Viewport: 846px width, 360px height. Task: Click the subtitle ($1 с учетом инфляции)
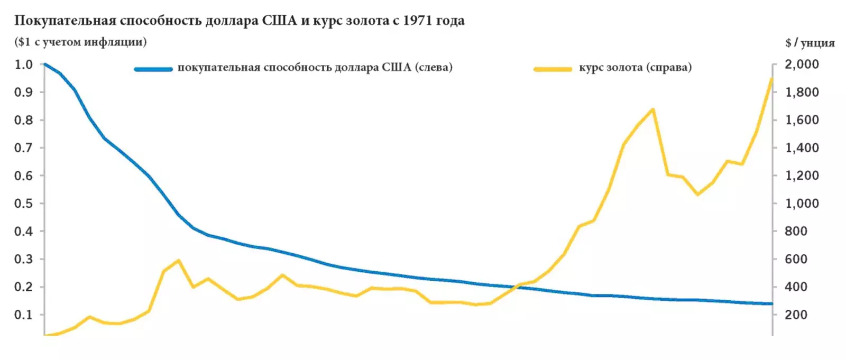tap(80, 42)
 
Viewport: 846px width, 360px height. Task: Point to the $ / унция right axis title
tap(810, 43)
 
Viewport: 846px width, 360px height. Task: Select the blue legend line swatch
tap(153, 69)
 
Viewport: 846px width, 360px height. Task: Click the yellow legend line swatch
tap(553, 69)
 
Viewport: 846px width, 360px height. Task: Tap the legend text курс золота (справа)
tap(635, 68)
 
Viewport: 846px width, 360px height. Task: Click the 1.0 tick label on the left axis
tap(23, 64)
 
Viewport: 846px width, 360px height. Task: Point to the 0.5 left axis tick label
tap(23, 204)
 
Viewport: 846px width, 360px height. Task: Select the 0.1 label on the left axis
tap(23, 315)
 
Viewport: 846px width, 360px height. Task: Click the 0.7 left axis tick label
tap(23, 148)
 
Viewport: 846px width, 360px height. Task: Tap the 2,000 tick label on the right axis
tap(802, 64)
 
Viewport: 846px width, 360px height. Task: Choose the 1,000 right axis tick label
tap(802, 204)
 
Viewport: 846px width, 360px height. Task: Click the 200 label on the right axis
tap(796, 315)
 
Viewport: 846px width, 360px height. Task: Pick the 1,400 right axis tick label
tap(802, 148)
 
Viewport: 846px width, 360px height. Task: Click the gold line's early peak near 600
tap(178, 260)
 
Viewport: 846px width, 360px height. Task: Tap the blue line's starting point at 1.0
tap(44, 64)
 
